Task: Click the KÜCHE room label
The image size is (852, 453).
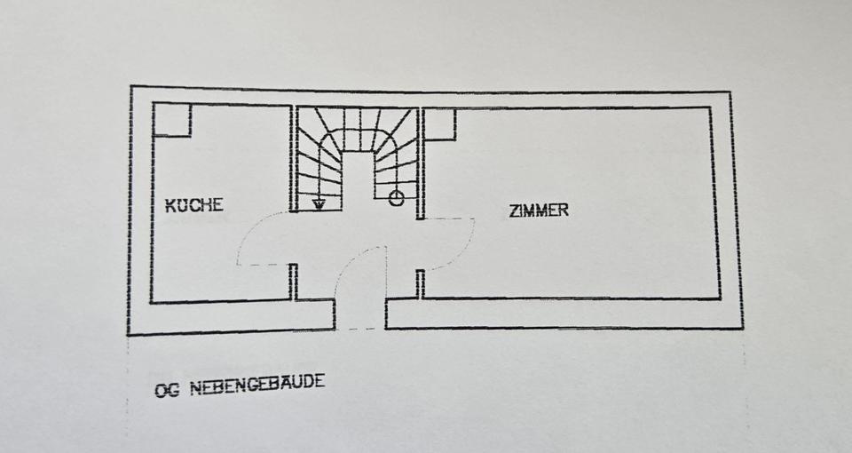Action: click(194, 205)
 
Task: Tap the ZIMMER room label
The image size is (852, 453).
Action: click(539, 211)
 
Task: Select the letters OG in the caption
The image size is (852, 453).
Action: click(166, 390)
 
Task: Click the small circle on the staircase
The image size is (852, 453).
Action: click(396, 198)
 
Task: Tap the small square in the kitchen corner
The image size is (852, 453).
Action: click(172, 120)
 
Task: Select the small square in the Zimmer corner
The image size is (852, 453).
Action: click(439, 124)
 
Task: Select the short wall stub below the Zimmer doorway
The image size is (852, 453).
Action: click(420, 283)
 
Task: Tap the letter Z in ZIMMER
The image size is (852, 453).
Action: click(514, 211)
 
